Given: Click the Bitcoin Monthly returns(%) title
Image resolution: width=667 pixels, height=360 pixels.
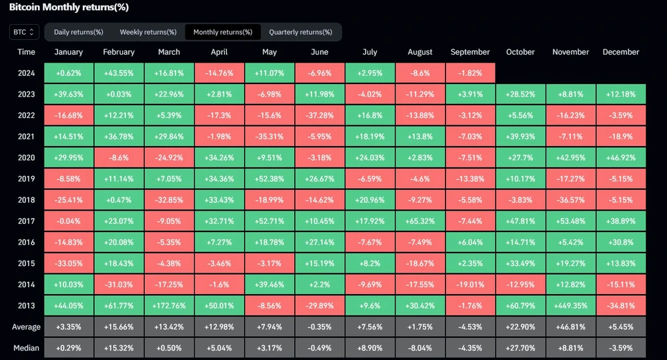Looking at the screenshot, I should click(x=69, y=7).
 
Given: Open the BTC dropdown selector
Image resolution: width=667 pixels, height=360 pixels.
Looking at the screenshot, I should click(x=25, y=32).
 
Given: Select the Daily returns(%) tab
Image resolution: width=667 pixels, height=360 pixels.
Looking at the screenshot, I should click(x=78, y=32).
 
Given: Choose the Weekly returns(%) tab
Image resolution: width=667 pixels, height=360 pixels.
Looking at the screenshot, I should click(x=148, y=32).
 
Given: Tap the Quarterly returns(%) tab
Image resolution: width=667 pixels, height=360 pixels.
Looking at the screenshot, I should click(x=300, y=32).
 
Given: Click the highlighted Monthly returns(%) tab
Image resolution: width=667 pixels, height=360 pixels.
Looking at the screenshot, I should click(x=223, y=32).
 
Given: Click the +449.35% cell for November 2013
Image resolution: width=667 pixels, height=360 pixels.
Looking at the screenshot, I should click(x=571, y=306).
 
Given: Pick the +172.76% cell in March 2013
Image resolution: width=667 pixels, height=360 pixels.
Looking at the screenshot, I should click(x=169, y=306).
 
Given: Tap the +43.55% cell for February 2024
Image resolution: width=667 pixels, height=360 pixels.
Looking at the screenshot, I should click(x=119, y=73).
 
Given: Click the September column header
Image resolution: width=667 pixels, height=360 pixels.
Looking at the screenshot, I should click(x=470, y=52).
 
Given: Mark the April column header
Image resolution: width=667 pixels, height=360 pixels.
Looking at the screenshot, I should click(x=219, y=52).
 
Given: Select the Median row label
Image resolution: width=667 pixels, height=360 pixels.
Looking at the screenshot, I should click(x=27, y=347).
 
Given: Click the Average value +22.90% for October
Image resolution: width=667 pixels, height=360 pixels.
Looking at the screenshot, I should click(x=520, y=327).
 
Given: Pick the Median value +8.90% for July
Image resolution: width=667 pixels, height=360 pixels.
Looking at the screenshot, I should click(x=370, y=347).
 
